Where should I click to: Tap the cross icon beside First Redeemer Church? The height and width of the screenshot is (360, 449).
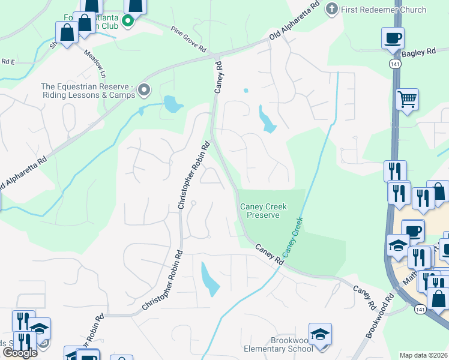(x=331, y=9)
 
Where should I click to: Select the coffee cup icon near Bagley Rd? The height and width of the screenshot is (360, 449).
(x=393, y=39)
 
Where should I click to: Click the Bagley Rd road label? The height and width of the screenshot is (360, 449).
(x=418, y=53)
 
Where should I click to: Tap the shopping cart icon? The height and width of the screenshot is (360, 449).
(x=407, y=99)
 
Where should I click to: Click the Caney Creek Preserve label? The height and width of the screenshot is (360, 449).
(x=264, y=211)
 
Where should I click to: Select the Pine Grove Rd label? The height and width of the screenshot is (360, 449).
(x=189, y=43)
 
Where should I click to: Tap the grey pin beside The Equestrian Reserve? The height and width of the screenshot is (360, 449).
(x=144, y=91)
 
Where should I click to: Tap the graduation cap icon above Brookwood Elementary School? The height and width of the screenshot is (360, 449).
(x=320, y=334)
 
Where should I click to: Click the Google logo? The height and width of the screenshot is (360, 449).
(x=20, y=353)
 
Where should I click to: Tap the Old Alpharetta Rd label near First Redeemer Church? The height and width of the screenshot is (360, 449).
(x=295, y=21)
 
